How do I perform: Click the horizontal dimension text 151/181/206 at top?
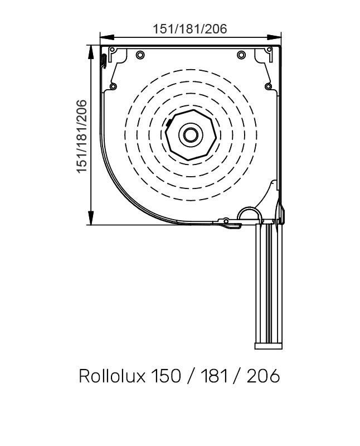190,29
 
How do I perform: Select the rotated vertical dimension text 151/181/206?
82,136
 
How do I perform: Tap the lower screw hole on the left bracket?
114,86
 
